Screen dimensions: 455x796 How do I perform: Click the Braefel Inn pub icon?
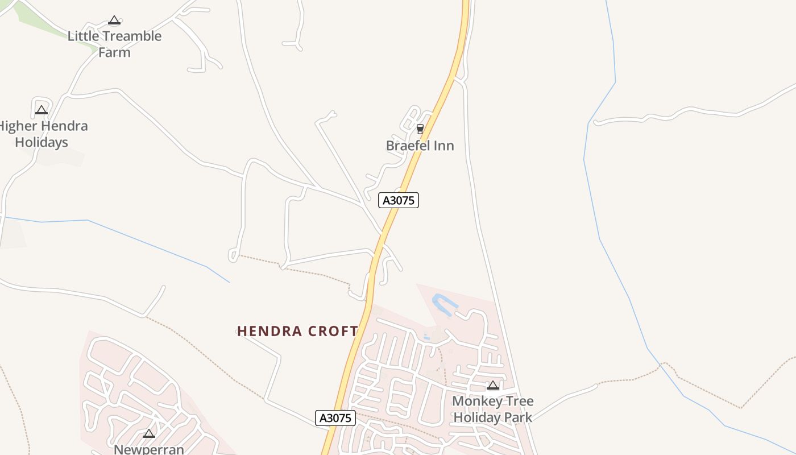(420, 129)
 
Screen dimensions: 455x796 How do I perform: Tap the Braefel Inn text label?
(420, 146)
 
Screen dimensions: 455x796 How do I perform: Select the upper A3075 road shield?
(399, 200)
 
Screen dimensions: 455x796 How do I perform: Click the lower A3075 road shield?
(335, 418)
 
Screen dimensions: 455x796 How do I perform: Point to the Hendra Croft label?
(297, 331)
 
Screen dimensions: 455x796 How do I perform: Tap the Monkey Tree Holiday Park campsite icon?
(493, 386)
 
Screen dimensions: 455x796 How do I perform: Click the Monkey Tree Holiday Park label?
(492, 409)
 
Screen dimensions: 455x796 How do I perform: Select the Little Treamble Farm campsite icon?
(114, 20)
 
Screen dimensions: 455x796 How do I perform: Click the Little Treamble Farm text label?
(114, 44)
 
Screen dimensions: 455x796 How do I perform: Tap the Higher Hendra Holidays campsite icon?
(41, 110)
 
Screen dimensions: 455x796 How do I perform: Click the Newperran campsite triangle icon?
(149, 433)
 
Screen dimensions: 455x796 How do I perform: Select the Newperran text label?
(149, 449)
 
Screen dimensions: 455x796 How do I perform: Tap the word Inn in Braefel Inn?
(443, 146)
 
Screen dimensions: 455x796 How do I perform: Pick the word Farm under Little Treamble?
(114, 52)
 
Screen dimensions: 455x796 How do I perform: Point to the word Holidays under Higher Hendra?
(42, 142)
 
